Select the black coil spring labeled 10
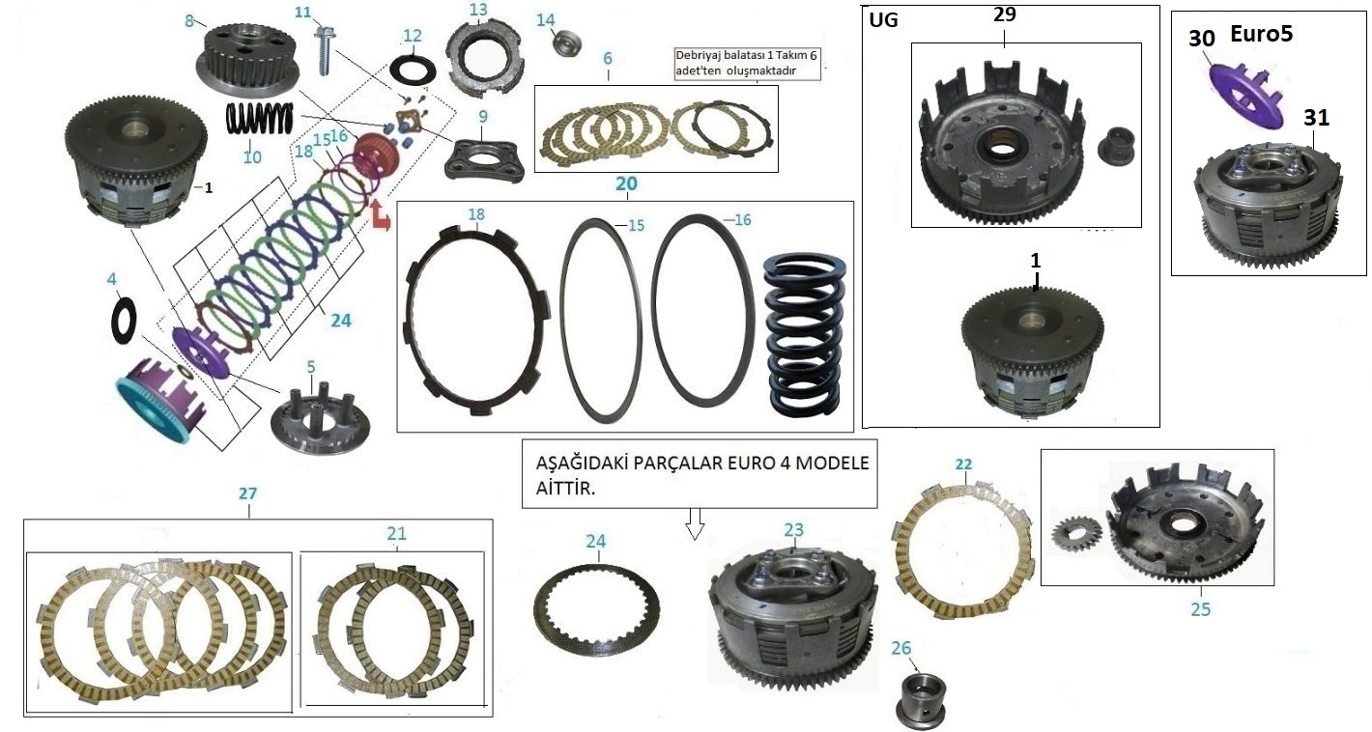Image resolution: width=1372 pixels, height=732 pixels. (x=259, y=121)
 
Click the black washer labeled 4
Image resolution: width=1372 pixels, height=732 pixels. (x=123, y=316)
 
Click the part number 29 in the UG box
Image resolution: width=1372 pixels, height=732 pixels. (x=1004, y=14)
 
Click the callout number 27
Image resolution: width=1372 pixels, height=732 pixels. (x=248, y=493)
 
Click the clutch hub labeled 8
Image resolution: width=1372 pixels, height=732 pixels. (x=242, y=58)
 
